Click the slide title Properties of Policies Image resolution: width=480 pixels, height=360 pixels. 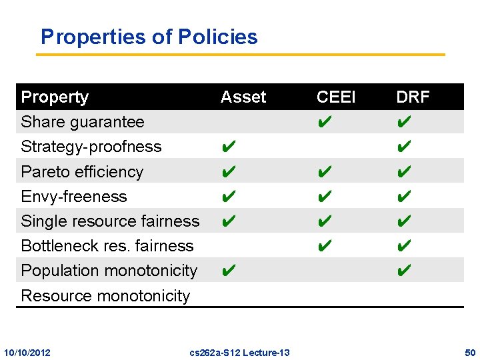coord(149,37)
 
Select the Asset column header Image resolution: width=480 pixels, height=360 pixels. coord(243,97)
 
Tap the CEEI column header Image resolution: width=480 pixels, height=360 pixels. coord(336,97)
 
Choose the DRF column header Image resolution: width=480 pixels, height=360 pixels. coord(413,97)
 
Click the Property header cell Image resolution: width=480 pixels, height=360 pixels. coord(55,97)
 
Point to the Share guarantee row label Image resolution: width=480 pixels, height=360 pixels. coord(83,122)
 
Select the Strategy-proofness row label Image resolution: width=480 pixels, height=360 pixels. coord(91,147)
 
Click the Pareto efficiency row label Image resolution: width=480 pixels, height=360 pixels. coord(82,171)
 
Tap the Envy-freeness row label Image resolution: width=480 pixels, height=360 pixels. coord(74,196)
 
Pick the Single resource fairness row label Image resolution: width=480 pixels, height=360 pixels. coord(110,221)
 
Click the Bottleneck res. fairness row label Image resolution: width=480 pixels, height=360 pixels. coord(107,245)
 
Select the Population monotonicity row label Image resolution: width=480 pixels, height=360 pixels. coord(109,270)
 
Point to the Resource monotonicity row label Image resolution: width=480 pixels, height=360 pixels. coord(105,295)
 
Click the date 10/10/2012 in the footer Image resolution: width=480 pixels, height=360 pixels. coord(27,352)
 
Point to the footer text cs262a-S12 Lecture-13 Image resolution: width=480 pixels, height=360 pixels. coord(239,352)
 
